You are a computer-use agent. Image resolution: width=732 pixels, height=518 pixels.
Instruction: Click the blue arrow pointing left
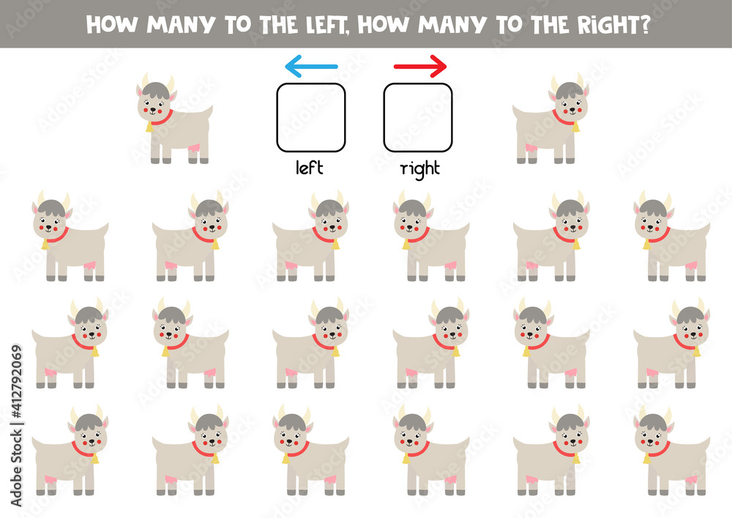click(x=311, y=67)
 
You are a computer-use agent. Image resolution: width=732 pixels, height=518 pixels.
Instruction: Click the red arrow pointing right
click(x=420, y=67)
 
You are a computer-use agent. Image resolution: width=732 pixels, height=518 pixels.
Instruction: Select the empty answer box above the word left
click(x=311, y=118)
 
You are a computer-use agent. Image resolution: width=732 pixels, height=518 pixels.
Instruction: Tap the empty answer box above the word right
click(x=418, y=118)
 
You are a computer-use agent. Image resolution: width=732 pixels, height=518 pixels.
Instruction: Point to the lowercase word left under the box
click(x=310, y=167)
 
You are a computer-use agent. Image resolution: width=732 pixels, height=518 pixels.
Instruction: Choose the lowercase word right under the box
click(x=420, y=169)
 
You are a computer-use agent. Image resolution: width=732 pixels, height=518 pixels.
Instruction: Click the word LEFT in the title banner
click(x=326, y=25)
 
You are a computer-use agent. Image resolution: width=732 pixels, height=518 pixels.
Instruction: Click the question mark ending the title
click(x=645, y=25)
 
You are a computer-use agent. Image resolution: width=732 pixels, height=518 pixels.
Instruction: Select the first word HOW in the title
click(x=112, y=25)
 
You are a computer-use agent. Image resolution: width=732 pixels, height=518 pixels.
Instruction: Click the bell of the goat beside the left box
click(x=149, y=127)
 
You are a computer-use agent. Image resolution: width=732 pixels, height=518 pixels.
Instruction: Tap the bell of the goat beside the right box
click(x=576, y=127)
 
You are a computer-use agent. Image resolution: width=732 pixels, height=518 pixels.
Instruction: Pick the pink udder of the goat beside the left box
click(x=193, y=148)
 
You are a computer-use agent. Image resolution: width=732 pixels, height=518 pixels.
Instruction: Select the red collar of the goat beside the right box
click(x=563, y=119)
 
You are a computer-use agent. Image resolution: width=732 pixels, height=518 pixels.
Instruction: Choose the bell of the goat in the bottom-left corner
click(x=94, y=459)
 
